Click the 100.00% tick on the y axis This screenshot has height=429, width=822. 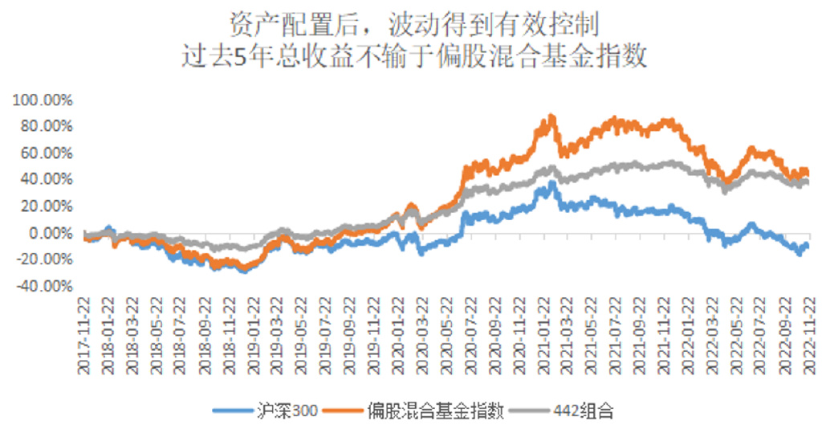pos(42,100)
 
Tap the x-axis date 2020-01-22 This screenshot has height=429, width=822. pos(397,338)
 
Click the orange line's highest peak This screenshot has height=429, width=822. pos(551,116)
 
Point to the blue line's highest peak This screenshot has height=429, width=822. pos(551,184)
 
